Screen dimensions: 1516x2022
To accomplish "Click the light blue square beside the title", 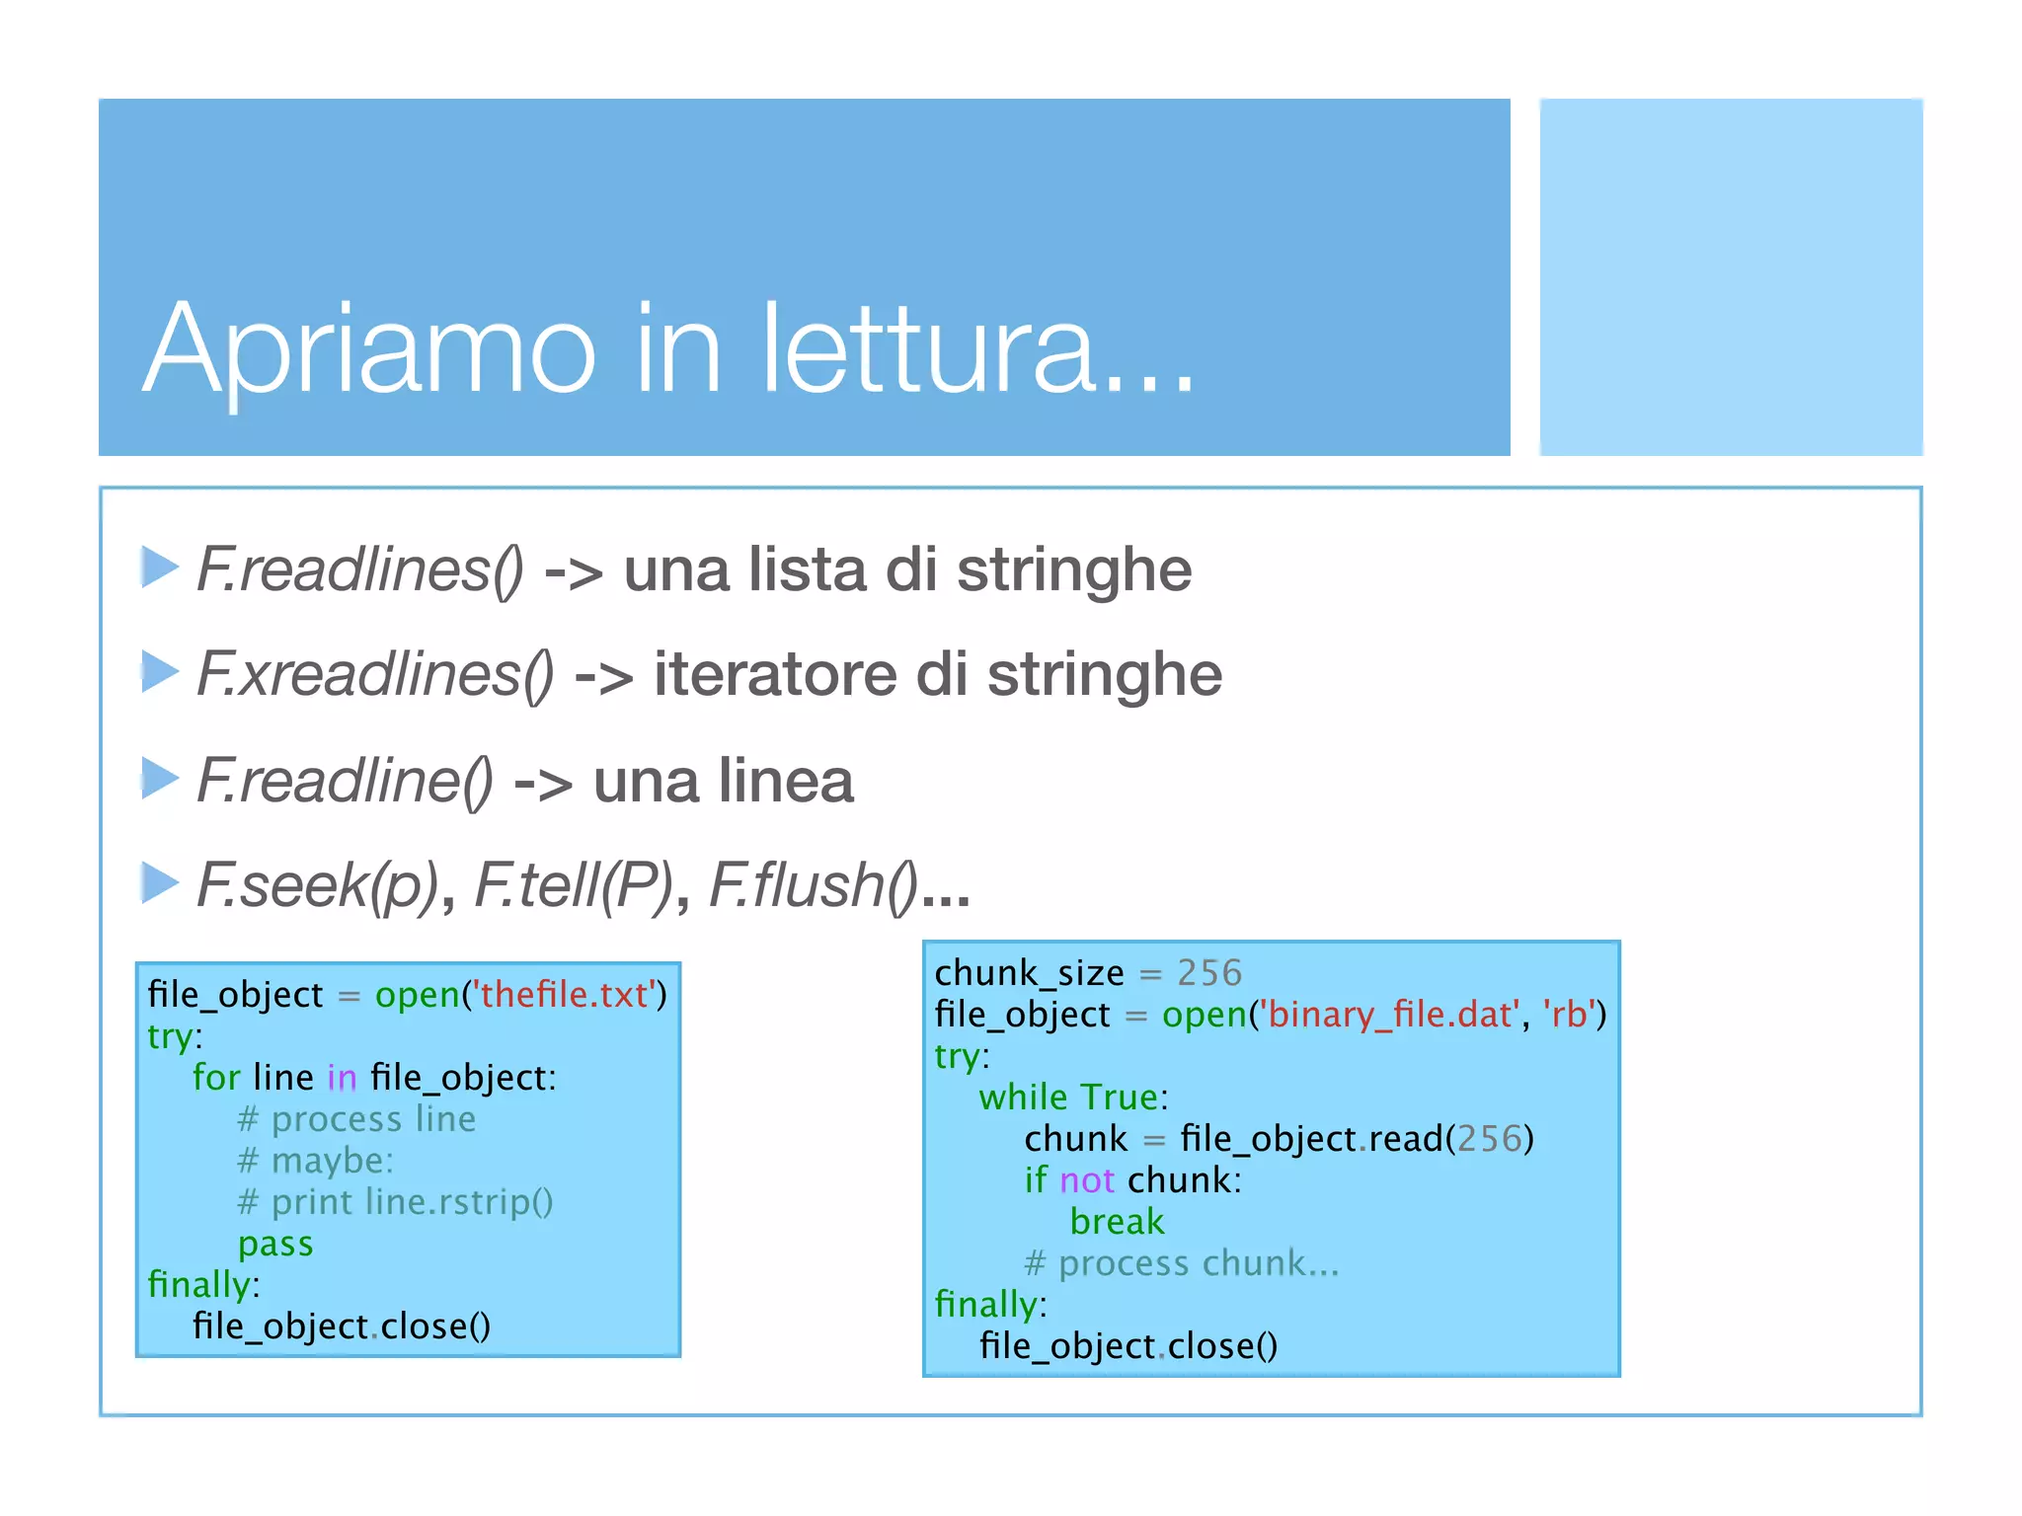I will [x=1730, y=277].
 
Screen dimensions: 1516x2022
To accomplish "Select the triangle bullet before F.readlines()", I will [x=159, y=568].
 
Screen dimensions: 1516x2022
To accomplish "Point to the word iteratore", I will [x=776, y=675].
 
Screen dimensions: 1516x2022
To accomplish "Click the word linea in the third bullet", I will [x=785, y=781].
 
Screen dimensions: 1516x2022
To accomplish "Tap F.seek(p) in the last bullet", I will [x=316, y=885].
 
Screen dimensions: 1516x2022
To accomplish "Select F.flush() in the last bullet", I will [x=813, y=885].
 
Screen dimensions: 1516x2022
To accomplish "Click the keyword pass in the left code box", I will [x=275, y=1244].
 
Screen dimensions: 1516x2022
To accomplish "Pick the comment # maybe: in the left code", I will [x=315, y=1161].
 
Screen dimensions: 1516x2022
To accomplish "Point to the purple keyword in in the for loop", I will [x=342, y=1078].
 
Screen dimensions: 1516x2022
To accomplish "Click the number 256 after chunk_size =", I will [x=1209, y=974].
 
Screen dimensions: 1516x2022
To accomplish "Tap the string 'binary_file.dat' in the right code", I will [x=1388, y=1016].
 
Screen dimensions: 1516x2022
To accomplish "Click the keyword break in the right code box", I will [x=1117, y=1223].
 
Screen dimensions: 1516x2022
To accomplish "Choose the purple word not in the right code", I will [x=1087, y=1181].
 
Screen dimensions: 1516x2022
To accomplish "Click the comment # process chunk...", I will [x=1181, y=1264].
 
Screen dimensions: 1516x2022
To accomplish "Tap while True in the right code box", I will [x=1072, y=1099].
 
